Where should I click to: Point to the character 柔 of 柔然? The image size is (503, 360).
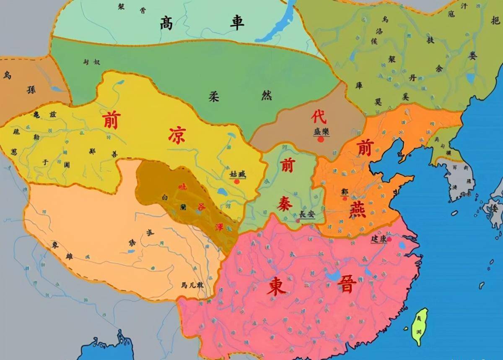coord(214,96)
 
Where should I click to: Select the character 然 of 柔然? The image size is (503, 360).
coord(267,95)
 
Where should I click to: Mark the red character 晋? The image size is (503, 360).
coord(347,285)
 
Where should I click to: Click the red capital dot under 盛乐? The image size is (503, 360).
coord(321,139)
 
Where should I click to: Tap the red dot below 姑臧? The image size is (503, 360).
coord(237,182)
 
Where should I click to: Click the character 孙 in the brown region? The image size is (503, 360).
coord(31,89)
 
